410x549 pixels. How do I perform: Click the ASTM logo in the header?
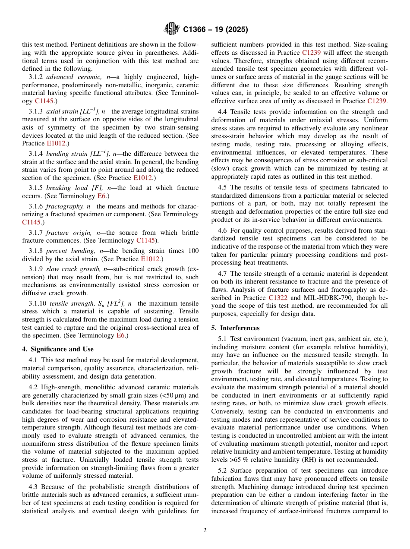(171, 29)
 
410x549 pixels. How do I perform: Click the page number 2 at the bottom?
(205, 530)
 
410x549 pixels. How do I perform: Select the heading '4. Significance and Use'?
(58, 349)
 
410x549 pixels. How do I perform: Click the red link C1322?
(278, 298)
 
